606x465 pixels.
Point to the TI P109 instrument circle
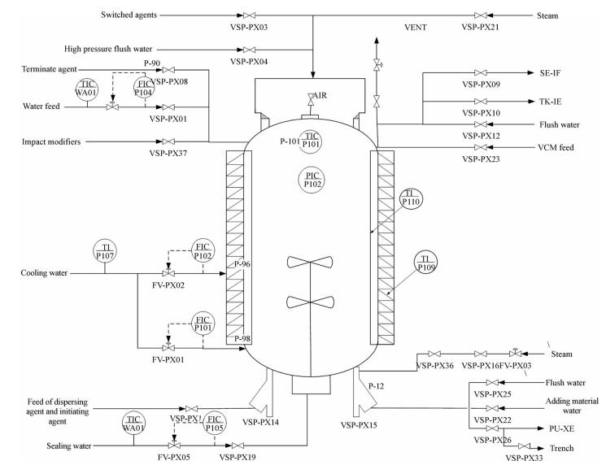426,262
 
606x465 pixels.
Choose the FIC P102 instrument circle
202,250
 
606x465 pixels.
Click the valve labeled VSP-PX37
167,141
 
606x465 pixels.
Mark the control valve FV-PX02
167,275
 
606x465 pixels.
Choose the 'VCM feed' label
558,148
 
